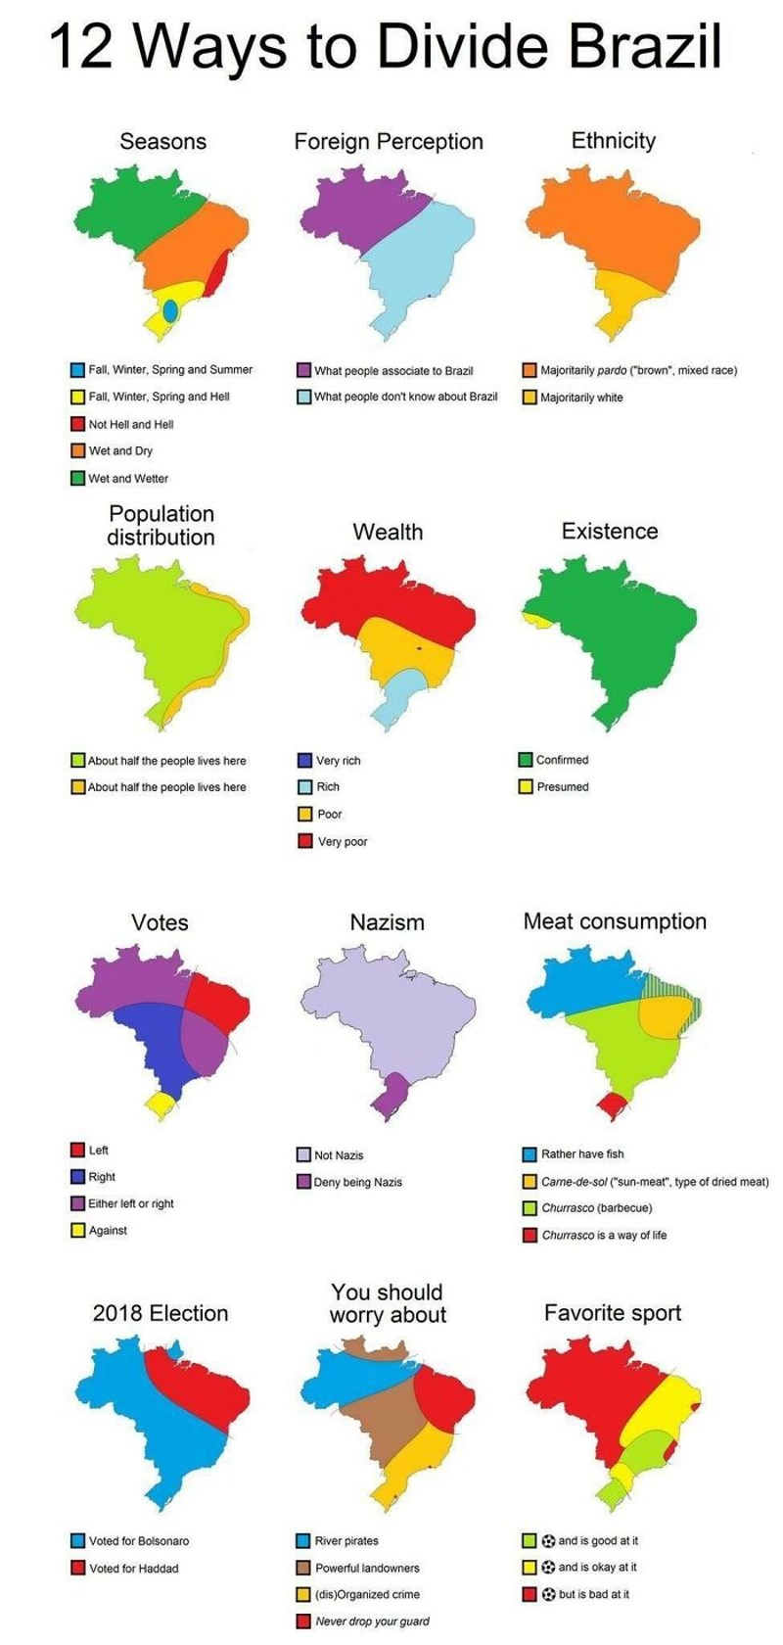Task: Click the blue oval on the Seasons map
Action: [170, 310]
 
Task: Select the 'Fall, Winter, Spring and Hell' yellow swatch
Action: [77, 398]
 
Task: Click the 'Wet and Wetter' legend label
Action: [128, 479]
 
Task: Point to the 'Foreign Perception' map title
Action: [389, 142]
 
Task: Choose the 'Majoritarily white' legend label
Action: [581, 398]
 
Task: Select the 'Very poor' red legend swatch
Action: [304, 841]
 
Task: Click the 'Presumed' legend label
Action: [563, 787]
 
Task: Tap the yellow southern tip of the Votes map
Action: [161, 1104]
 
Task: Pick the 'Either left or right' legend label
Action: [131, 1203]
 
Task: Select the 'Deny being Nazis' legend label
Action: [358, 1183]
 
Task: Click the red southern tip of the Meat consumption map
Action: [614, 1105]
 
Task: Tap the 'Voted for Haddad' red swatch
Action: [77, 1568]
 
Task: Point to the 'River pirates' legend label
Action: [346, 1541]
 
